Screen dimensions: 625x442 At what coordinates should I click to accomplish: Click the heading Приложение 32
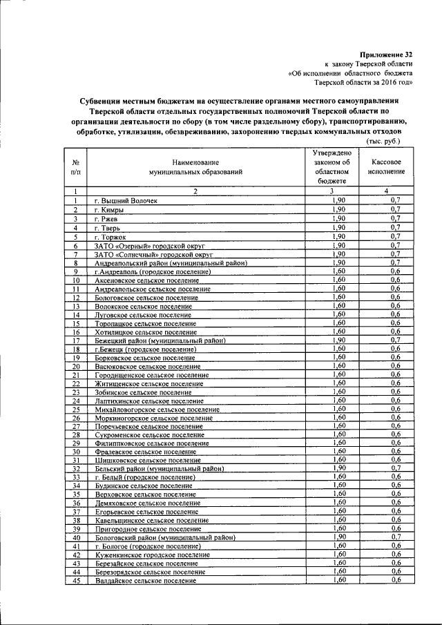(x=387, y=54)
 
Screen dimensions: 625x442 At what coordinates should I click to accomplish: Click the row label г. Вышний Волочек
(x=126, y=200)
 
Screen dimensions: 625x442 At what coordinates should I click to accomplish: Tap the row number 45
(x=77, y=581)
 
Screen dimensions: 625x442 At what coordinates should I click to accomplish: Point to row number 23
(x=77, y=392)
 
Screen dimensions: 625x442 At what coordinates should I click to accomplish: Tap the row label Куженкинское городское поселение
(x=151, y=555)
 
